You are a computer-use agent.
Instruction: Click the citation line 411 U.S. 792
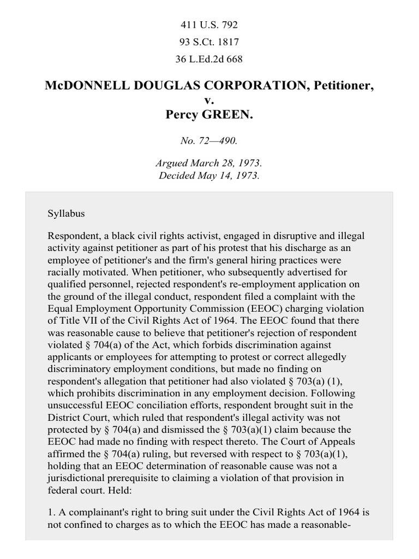point(209,25)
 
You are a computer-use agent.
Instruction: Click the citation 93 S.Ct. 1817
point(209,41)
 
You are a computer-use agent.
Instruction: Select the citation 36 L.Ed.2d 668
point(209,58)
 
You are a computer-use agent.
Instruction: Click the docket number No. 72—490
point(209,141)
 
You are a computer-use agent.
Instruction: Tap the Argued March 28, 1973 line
point(209,163)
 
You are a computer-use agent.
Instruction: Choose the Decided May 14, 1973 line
point(209,175)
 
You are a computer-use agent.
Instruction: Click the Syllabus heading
point(67,213)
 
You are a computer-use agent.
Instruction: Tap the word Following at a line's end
point(344,393)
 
